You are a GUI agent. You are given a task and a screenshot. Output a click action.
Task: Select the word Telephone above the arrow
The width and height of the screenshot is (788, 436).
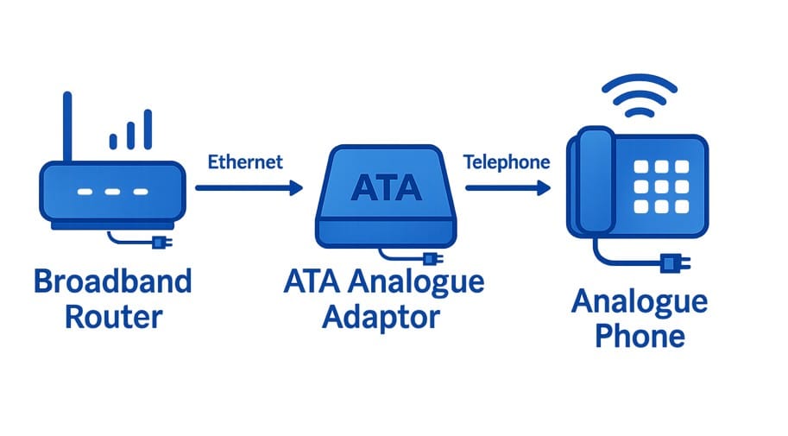tap(507, 162)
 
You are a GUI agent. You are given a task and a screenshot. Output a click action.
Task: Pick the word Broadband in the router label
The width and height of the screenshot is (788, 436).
tap(112, 281)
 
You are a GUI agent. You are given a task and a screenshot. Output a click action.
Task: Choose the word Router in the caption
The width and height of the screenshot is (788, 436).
tap(112, 316)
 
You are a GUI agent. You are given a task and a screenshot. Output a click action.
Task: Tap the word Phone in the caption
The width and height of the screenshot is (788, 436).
tap(640, 335)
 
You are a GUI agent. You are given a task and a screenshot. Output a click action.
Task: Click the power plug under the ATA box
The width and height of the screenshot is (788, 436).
tap(429, 258)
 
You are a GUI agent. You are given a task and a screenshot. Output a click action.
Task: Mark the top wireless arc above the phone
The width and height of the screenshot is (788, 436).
tap(640, 85)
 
